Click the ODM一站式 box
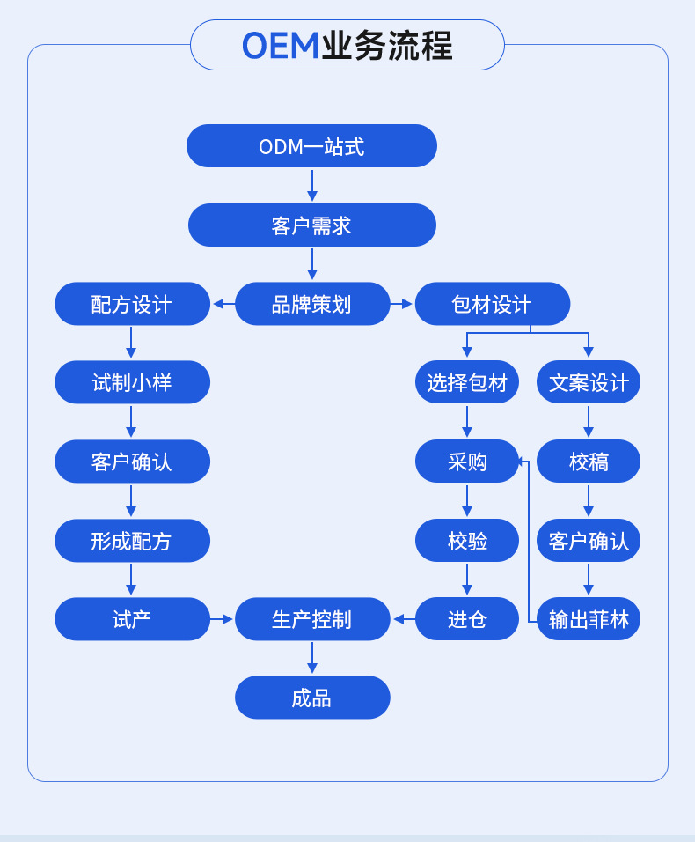[x=311, y=146]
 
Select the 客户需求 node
[x=311, y=225]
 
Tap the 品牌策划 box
[x=312, y=304]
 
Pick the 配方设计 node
[x=132, y=304]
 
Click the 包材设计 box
[x=492, y=304]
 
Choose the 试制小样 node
[x=132, y=382]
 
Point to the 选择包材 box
[x=466, y=382]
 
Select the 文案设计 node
[x=588, y=382]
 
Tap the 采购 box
[x=466, y=462]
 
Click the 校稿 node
[x=588, y=462]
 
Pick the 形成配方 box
[x=132, y=541]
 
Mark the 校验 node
[x=466, y=541]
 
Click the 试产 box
[x=132, y=619]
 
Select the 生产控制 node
[x=312, y=619]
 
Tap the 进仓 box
[x=466, y=619]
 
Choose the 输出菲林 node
[x=588, y=619]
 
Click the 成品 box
[x=312, y=698]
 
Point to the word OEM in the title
[x=280, y=46]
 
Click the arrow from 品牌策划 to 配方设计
[x=223, y=304]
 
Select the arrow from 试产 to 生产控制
[x=222, y=619]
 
